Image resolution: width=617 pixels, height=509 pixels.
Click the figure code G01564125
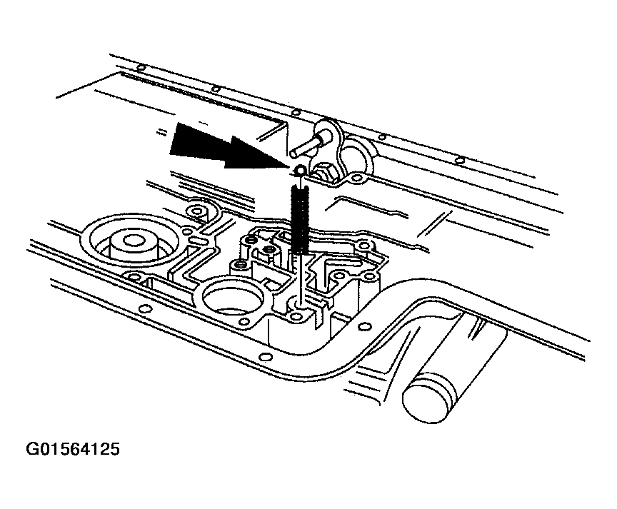point(72,449)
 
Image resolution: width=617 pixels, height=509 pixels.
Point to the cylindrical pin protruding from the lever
point(309,144)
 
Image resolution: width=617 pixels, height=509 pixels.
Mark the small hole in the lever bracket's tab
point(356,178)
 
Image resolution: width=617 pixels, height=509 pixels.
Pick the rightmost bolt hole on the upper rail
point(459,161)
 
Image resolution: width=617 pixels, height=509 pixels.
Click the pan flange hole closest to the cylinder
point(365,326)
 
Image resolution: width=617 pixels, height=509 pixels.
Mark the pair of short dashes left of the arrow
point(161,132)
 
